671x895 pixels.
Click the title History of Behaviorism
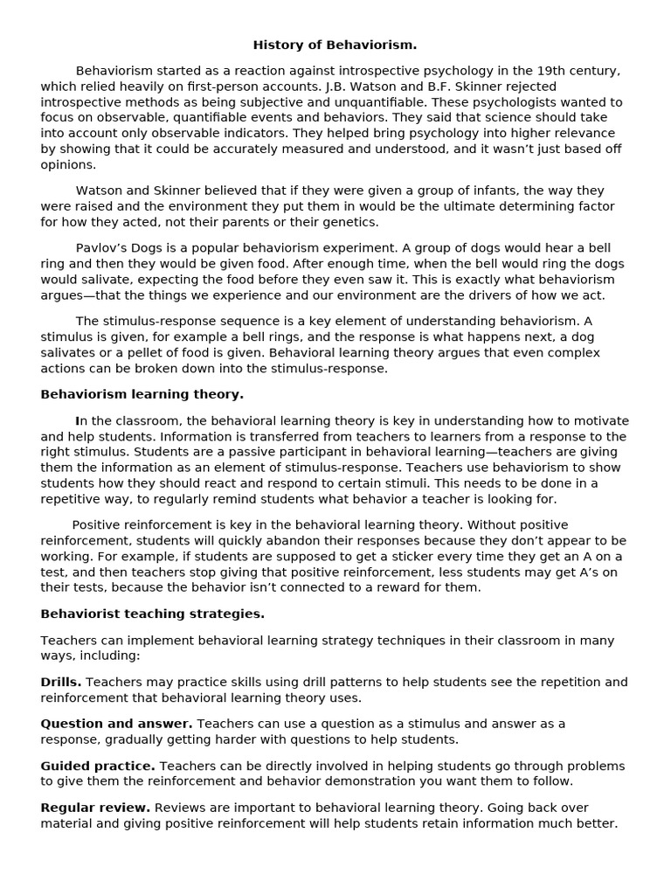(335, 45)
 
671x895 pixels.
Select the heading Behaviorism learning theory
(142, 394)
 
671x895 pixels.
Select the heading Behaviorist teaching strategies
(152, 614)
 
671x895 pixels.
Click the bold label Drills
(61, 682)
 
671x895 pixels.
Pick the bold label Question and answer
(116, 724)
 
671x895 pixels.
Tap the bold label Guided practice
(98, 766)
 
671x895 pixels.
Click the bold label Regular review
(95, 808)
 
